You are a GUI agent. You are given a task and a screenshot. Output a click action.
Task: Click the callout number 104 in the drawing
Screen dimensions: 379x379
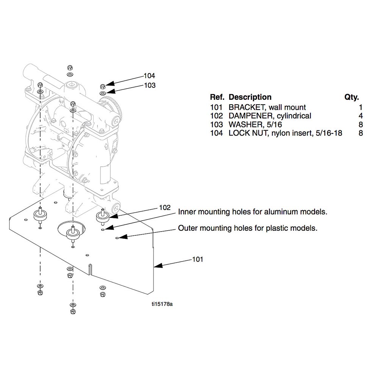149,76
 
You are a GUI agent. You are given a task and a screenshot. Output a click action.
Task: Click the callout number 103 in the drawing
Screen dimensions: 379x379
150,85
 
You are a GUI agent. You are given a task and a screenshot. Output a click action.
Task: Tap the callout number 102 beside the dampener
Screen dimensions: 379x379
165,208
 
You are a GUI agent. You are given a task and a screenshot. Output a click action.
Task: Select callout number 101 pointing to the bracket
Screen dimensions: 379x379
197,259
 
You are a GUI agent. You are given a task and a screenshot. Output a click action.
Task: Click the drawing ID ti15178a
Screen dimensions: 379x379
162,304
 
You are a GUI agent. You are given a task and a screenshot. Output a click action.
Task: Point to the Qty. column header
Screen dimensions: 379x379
352,97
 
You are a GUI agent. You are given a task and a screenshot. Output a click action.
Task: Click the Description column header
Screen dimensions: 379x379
250,97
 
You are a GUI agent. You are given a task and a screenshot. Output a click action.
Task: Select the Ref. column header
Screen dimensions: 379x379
217,97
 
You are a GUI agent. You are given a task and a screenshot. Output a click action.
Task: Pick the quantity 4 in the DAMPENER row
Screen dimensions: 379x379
361,116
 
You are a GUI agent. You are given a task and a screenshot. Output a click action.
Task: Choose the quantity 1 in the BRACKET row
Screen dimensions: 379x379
361,107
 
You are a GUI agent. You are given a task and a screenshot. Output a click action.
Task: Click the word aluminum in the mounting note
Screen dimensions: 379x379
281,212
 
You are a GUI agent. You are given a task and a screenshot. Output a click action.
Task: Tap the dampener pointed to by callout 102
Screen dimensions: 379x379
103,216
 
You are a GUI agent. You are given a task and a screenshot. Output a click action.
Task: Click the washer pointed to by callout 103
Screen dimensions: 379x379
102,93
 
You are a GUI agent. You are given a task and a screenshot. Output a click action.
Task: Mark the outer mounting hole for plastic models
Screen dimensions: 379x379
117,238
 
